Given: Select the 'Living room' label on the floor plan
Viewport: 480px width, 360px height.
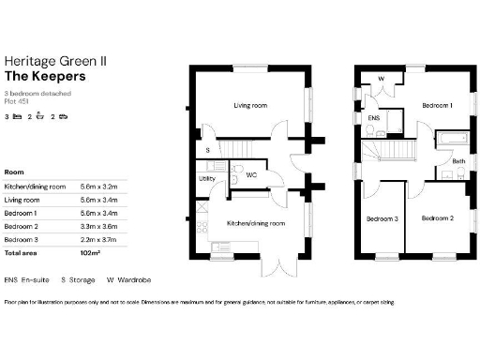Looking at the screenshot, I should coord(250,106).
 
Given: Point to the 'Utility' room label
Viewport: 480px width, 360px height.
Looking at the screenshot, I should coord(206,178).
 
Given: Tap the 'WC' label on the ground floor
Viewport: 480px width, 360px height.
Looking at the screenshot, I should coord(250,174).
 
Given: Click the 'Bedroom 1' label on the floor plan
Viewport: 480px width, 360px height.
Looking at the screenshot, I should coord(437,106).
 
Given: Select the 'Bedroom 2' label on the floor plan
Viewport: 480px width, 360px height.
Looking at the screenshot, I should coord(436,218).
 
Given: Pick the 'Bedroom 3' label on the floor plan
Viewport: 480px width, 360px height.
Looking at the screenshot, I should coord(382,218).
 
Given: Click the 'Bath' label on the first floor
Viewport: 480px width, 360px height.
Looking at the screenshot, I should coord(458,162).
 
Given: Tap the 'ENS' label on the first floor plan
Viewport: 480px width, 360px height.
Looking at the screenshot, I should coord(373,120).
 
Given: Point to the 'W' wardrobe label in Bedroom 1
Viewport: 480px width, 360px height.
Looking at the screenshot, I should coord(381,79).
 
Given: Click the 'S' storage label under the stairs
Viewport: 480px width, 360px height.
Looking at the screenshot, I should coord(207,150).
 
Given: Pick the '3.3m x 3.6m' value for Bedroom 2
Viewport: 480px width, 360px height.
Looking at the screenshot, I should coord(100,227).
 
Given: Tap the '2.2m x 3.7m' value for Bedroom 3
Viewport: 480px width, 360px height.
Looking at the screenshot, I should coord(100,240).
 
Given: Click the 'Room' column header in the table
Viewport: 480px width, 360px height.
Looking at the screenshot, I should coord(14,172).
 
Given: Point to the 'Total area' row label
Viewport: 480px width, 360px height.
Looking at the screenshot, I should coord(22,253).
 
